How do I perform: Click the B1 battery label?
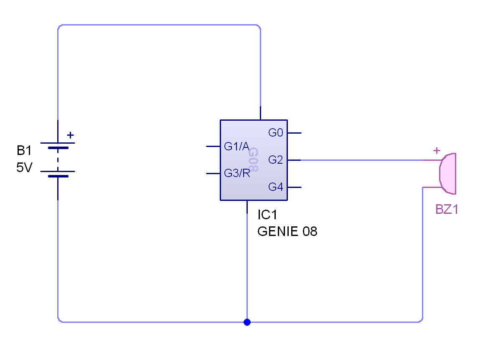(x=24, y=150)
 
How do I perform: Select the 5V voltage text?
(x=25, y=167)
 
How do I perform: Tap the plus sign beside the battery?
(x=71, y=135)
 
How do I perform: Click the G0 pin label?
(x=276, y=133)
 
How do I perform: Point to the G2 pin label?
(x=276, y=160)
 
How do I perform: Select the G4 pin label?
(x=276, y=187)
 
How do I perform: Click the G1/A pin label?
(x=237, y=146)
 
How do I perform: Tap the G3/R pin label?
(x=237, y=173)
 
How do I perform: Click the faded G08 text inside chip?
(x=254, y=160)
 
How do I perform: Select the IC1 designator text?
(x=267, y=215)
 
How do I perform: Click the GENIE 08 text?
(x=287, y=231)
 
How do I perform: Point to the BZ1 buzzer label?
(x=447, y=209)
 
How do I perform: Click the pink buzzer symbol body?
(x=448, y=174)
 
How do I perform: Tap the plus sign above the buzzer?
(x=437, y=151)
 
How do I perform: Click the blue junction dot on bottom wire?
(x=247, y=322)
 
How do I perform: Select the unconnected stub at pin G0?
(x=295, y=133)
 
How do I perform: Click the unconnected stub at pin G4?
(x=295, y=188)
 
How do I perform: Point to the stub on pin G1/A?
(x=213, y=147)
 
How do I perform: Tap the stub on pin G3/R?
(x=213, y=174)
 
